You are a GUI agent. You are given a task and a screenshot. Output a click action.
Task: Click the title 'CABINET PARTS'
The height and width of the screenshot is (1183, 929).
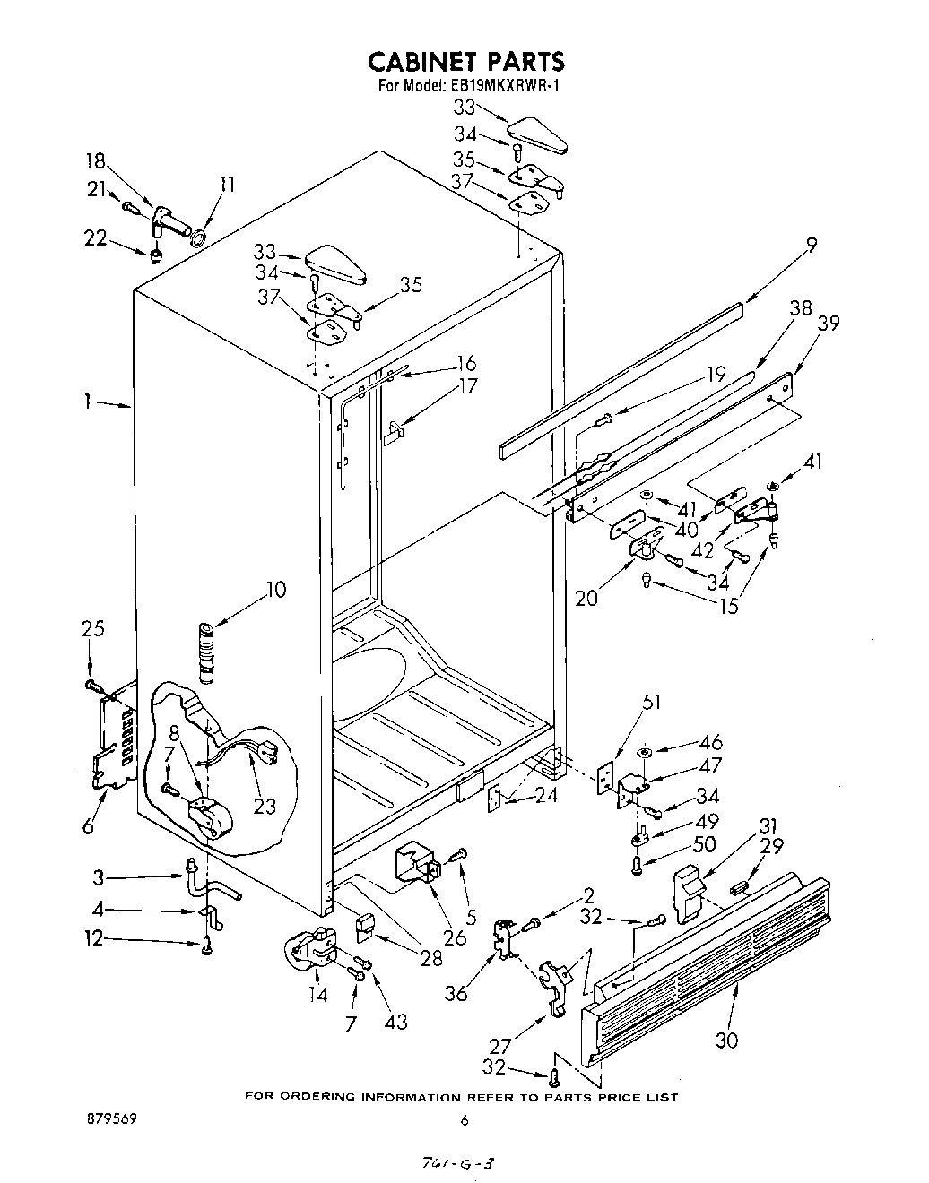click(x=467, y=61)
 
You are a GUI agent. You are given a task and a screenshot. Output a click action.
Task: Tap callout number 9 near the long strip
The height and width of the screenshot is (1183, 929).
click(x=812, y=243)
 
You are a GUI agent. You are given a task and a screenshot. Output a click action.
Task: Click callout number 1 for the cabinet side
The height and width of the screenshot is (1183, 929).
click(x=88, y=402)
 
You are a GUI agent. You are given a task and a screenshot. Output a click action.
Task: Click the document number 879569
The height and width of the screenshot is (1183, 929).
click(x=110, y=1119)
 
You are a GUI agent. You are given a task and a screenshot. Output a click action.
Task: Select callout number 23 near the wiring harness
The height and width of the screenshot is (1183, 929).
click(x=264, y=806)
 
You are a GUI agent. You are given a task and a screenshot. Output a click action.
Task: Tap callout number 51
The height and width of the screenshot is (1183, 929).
click(x=651, y=702)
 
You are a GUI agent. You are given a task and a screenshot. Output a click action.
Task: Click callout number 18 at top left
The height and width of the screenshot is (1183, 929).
click(x=95, y=161)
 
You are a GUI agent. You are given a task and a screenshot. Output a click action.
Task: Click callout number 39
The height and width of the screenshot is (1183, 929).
click(x=829, y=323)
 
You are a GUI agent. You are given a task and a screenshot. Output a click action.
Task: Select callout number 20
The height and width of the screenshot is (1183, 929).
click(x=586, y=598)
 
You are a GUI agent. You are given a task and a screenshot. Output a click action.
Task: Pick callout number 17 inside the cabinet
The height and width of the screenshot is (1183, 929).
click(x=467, y=386)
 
